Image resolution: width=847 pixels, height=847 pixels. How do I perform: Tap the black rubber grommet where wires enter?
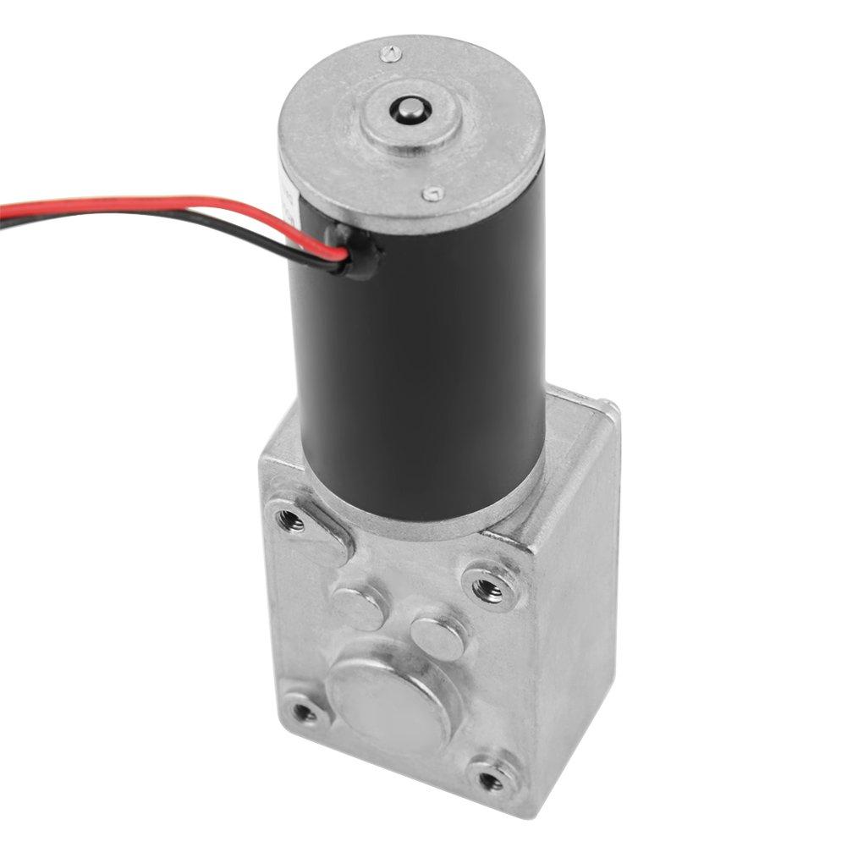[x=356, y=250]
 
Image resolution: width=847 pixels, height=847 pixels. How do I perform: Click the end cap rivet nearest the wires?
[x=432, y=194]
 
